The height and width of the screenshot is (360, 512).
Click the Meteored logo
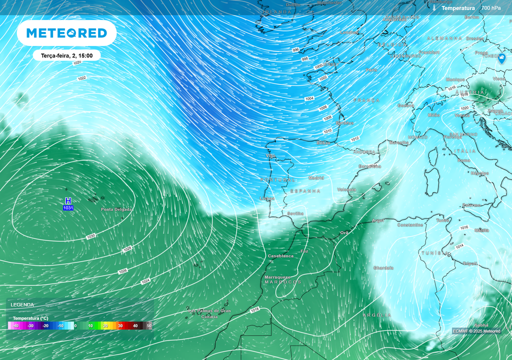coord(66,33)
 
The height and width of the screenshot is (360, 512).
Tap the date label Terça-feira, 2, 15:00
coord(67,56)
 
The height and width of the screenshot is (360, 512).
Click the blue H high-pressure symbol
coord(68,200)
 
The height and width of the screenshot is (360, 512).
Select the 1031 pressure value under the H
coord(68,207)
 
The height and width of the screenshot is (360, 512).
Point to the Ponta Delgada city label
coord(116,209)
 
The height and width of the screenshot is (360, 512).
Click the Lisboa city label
coord(267,198)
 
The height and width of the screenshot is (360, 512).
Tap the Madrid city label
coord(316,177)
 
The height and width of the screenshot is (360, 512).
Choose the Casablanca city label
coord(280,255)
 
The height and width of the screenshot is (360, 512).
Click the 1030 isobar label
coord(91,236)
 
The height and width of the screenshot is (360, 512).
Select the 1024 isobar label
coord(145,281)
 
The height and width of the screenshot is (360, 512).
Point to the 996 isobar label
coord(295,50)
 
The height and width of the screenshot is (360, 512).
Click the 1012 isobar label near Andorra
coord(354,138)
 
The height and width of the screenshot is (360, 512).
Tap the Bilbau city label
coord(323,142)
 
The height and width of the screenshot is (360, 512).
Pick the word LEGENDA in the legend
coord(22,304)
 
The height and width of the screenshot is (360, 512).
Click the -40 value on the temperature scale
coord(16,325)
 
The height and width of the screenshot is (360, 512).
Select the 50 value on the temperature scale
coord(148,325)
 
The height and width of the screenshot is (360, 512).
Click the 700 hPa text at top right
coord(491,8)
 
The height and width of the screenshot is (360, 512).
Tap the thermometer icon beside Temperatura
coord(435,8)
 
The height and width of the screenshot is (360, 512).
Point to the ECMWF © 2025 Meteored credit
coord(476,331)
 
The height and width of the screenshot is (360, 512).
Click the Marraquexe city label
coord(277,276)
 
